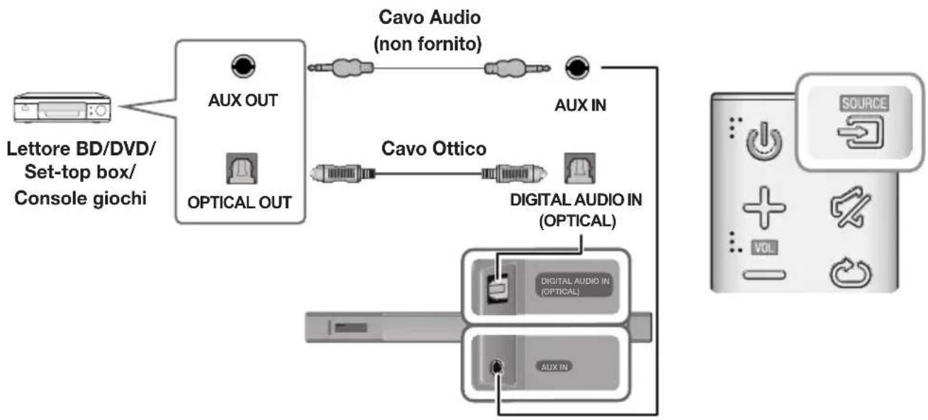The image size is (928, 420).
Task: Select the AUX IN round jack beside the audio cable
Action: click(576, 69)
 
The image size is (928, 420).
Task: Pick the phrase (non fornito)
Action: click(427, 45)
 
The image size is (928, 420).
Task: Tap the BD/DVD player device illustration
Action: click(60, 108)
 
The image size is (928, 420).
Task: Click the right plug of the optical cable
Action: click(510, 172)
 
